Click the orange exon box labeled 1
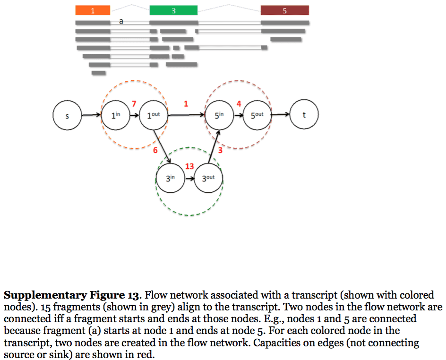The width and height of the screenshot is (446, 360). point(93,10)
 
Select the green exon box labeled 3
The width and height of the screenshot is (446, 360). point(173,10)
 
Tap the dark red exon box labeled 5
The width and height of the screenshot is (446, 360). point(284,10)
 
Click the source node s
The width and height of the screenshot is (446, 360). point(67,115)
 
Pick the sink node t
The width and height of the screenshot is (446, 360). point(304,114)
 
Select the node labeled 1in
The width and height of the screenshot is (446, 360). point(115,115)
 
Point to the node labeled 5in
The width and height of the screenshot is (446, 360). point(219,115)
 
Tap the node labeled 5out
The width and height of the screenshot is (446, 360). point(257,115)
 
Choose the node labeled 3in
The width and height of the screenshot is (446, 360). point(170,178)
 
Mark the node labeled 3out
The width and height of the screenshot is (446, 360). point(208,178)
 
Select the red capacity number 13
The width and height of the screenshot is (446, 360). point(189,166)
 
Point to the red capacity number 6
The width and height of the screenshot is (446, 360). point(154,151)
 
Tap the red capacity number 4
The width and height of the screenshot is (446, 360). point(239,104)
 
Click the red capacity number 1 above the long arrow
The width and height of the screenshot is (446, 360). point(186,104)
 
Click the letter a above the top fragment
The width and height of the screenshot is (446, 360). point(121,21)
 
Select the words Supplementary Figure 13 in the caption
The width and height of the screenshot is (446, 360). point(71,296)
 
